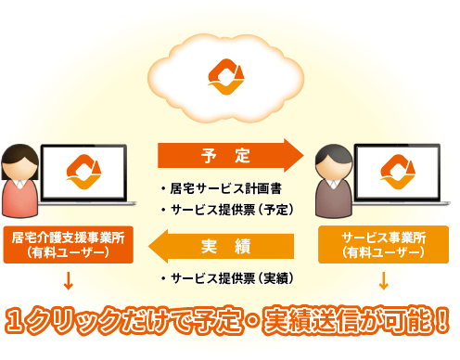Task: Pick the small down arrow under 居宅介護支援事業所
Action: [68, 279]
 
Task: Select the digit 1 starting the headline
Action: [19, 321]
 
